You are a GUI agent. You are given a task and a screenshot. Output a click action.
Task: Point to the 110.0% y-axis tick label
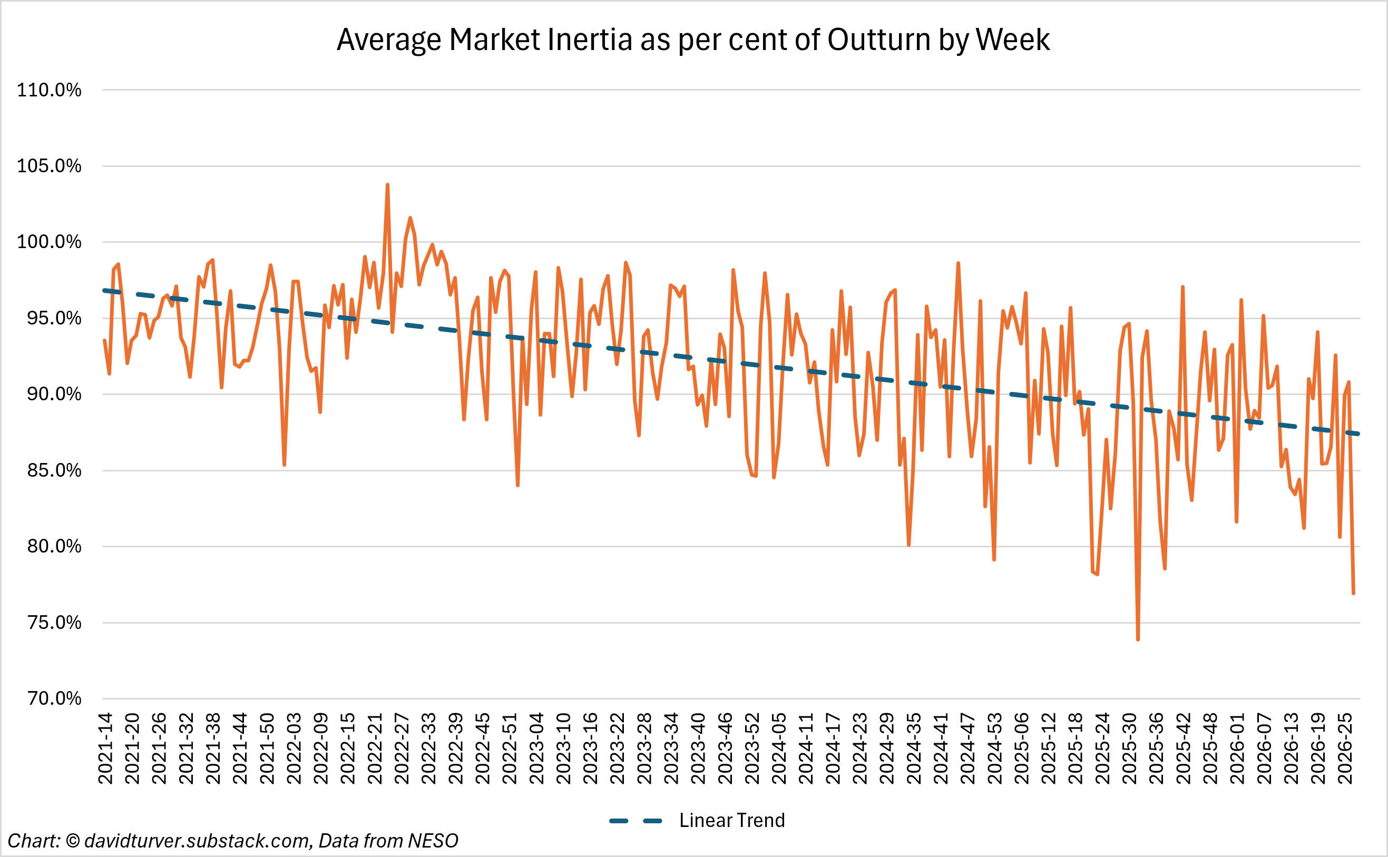point(50,90)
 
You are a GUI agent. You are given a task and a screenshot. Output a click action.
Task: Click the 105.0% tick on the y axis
point(50,166)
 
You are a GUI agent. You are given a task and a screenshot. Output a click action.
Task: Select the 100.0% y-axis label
point(50,242)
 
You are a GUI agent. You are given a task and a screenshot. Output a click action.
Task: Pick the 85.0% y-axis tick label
point(54,470)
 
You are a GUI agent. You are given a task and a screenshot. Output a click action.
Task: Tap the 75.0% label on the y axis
point(54,623)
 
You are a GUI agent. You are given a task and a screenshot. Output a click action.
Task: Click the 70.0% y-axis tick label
point(54,698)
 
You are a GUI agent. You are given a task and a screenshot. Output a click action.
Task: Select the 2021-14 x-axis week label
point(105,748)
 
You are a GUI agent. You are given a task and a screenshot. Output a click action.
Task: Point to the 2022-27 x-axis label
point(402,748)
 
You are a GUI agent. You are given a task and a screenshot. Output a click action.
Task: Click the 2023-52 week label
point(752,748)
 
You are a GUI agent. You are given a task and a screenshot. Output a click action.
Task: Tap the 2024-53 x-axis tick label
point(994,748)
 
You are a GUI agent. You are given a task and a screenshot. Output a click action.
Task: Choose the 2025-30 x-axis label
point(1129,748)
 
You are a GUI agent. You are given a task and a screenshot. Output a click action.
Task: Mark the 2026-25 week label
point(1345,748)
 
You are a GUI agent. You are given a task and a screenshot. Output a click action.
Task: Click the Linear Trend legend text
point(732,820)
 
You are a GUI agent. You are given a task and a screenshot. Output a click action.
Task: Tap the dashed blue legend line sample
point(636,821)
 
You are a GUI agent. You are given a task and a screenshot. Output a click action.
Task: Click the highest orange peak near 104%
point(387,185)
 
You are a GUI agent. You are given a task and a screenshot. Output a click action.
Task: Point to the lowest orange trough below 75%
point(1138,639)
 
